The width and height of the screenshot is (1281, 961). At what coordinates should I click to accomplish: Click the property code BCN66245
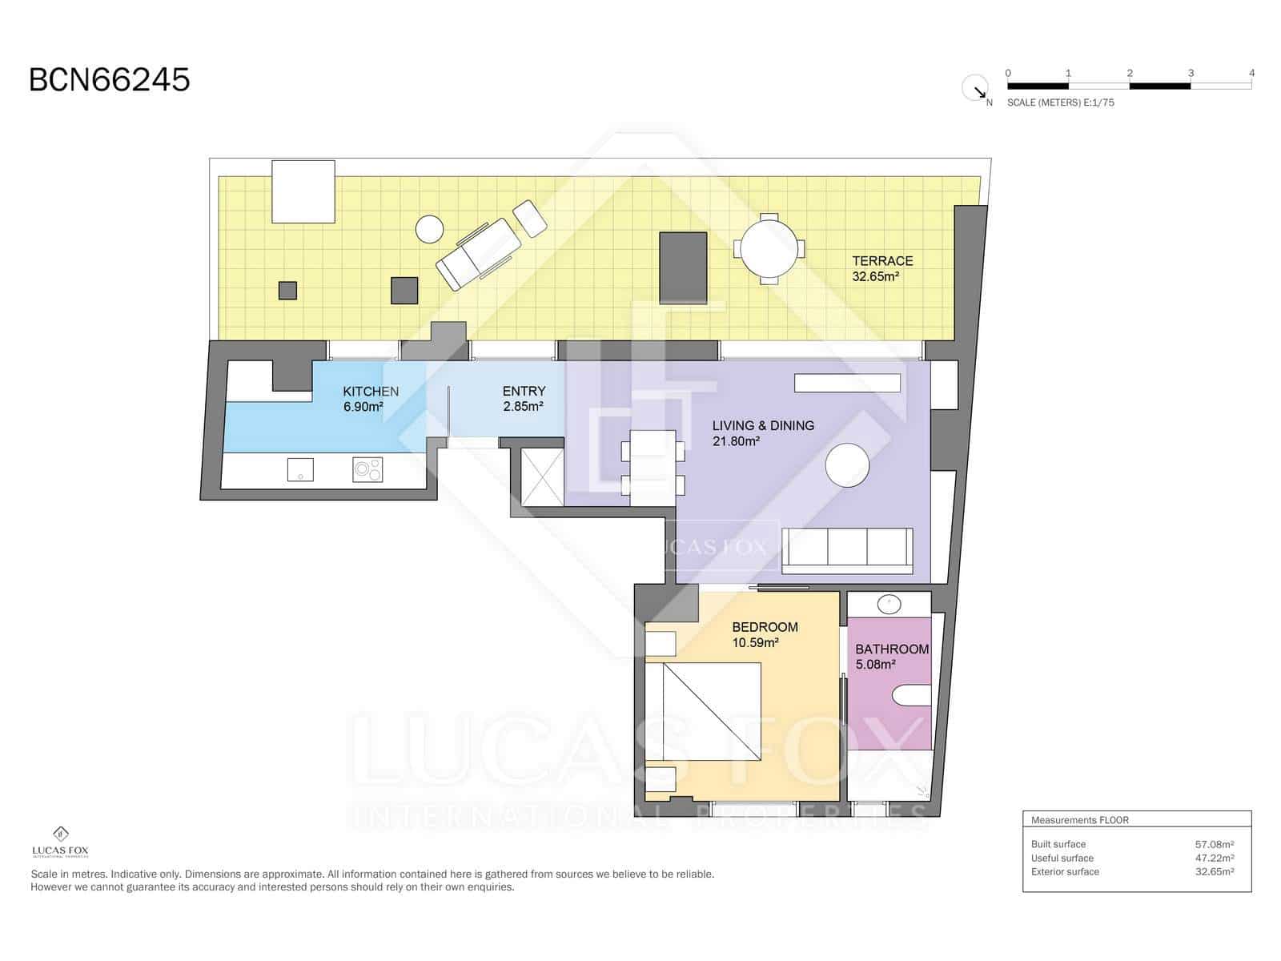tap(110, 80)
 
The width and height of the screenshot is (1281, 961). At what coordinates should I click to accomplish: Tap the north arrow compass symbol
tap(975, 88)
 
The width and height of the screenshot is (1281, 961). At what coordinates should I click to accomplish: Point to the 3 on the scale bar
tap(1191, 73)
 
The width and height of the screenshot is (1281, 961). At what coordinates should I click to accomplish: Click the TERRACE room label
tap(882, 261)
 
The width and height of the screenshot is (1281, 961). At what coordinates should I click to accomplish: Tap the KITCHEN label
tap(371, 392)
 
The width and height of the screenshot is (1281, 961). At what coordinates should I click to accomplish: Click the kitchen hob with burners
tap(367, 469)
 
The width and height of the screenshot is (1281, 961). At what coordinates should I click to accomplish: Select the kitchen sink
tap(300, 469)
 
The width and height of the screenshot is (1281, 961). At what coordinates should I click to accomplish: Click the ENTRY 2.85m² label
tap(524, 399)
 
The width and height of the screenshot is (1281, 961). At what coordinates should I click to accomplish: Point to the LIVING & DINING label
tap(763, 426)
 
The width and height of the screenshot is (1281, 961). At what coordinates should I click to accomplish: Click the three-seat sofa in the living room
tap(847, 550)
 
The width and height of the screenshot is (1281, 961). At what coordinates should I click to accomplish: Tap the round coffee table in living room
tap(847, 465)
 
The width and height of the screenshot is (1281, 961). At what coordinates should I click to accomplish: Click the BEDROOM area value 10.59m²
tap(756, 642)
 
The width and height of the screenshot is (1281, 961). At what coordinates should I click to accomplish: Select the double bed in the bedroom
tap(703, 713)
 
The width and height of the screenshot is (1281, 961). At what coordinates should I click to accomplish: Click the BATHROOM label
tap(892, 649)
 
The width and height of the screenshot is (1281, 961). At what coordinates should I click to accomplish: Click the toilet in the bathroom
tap(913, 695)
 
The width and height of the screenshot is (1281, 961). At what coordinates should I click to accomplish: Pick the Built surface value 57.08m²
tap(1214, 844)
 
